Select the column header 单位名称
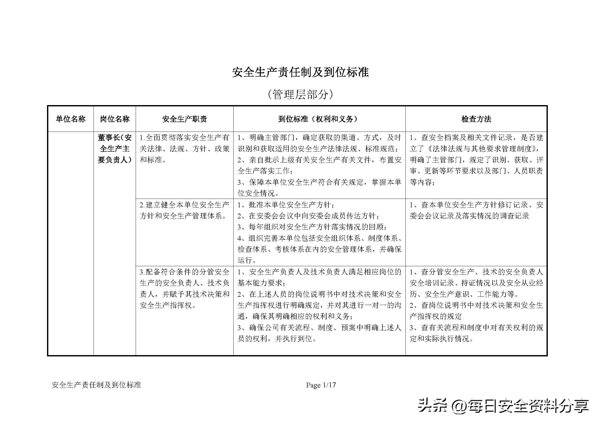pyautogui.click(x=70, y=119)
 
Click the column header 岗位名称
pyautogui.click(x=115, y=119)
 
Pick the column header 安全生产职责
pyautogui.click(x=184, y=119)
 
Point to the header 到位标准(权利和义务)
pyautogui.click(x=319, y=119)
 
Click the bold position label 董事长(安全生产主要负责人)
pyautogui.click(x=115, y=149)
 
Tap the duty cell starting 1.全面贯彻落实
pyautogui.click(x=184, y=149)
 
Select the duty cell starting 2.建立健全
pyautogui.click(x=184, y=210)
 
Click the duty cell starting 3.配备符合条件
pyautogui.click(x=184, y=289)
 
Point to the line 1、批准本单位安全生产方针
pyautogui.click(x=285, y=205)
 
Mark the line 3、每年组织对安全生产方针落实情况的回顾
pyautogui.click(x=312, y=227)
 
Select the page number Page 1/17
pyautogui.click(x=321, y=385)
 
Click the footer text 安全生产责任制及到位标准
pyautogui.click(x=96, y=385)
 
